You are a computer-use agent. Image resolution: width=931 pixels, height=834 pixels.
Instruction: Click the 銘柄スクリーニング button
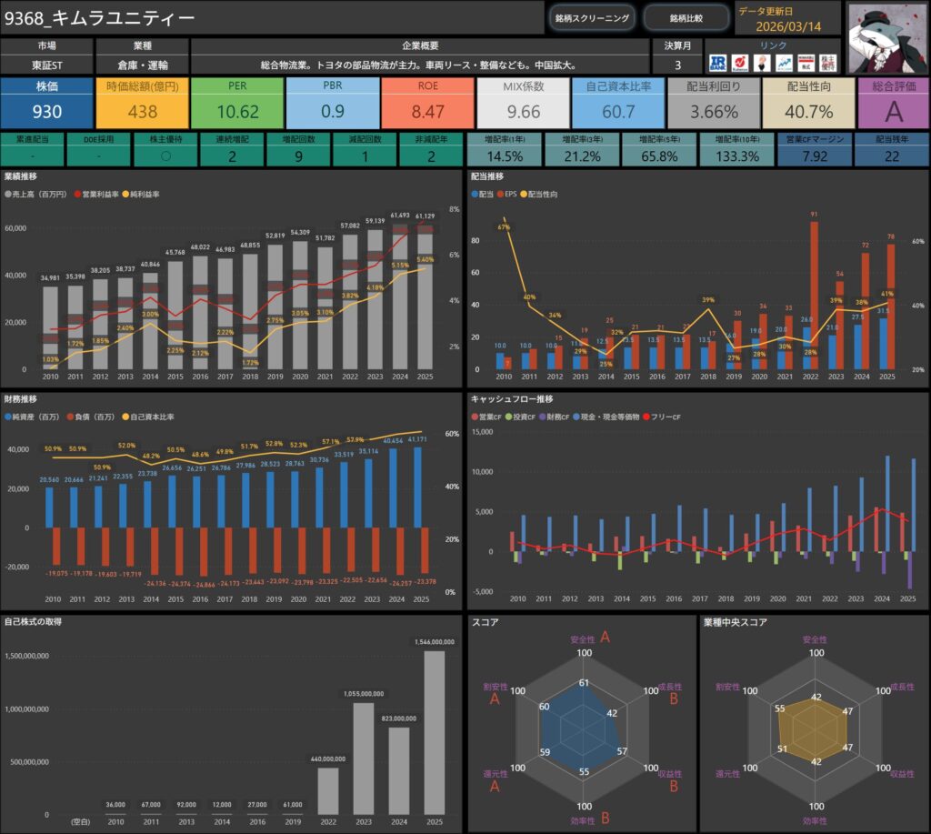click(591, 18)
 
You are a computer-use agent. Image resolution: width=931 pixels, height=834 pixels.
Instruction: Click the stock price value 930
click(46, 112)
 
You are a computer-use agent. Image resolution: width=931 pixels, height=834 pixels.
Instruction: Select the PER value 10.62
click(238, 112)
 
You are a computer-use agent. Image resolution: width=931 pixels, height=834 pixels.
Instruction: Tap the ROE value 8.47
click(427, 112)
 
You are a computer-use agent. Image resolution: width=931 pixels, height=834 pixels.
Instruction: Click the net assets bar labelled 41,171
click(417, 487)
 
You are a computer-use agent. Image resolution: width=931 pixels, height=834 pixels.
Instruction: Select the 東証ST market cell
click(46, 65)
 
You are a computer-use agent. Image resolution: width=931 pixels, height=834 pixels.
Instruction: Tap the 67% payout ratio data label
click(503, 227)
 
